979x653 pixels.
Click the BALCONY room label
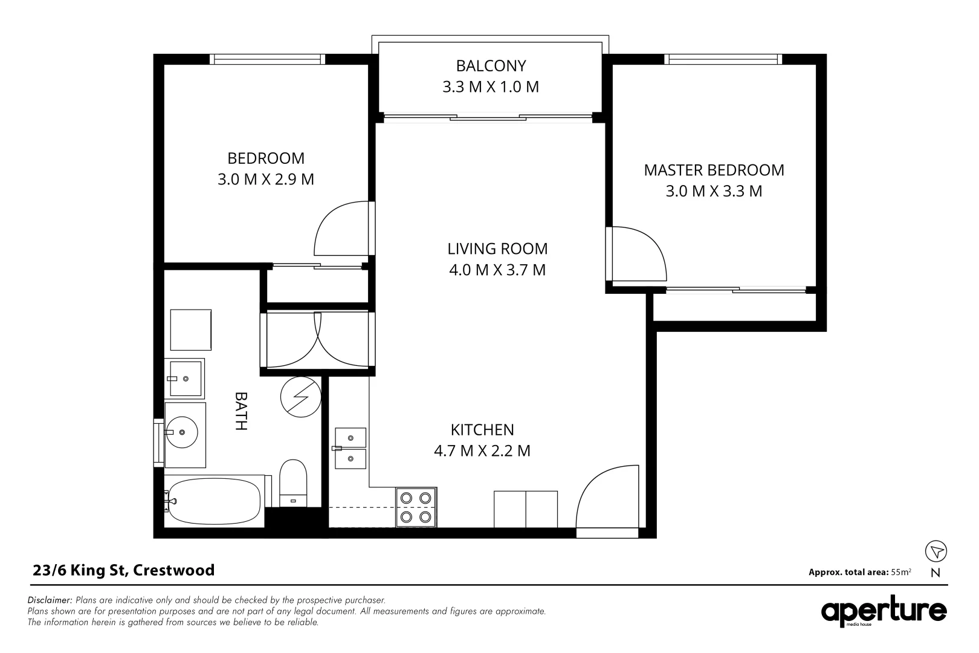(491, 65)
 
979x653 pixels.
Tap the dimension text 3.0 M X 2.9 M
(266, 180)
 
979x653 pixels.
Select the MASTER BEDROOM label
(714, 170)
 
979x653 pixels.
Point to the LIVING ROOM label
(497, 249)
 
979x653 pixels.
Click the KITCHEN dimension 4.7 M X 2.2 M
(482, 451)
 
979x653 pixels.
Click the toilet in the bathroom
(294, 484)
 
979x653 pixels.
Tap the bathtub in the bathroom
(215, 501)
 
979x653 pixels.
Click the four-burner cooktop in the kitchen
(416, 507)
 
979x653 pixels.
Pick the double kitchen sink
(351, 448)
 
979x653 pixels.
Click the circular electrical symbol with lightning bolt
(300, 397)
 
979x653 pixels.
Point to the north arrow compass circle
(936, 551)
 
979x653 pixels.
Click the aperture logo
(884, 612)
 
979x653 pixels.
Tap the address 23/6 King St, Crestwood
(123, 570)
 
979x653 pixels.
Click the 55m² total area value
(901, 571)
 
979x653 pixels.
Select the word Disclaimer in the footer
(50, 600)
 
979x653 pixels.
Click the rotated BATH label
(241, 411)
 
